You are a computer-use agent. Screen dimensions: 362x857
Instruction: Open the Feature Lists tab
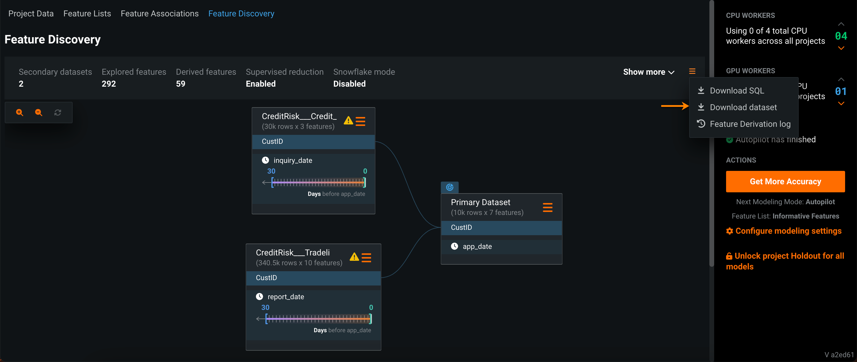87,14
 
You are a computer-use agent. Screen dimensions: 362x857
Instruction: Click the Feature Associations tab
159,14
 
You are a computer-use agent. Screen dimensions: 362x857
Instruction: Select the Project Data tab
31,14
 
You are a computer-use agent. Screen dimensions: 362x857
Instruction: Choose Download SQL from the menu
736,90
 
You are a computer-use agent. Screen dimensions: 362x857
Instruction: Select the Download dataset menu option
743,107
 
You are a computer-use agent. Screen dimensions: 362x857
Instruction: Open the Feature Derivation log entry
750,124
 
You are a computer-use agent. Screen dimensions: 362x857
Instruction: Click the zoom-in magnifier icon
20,113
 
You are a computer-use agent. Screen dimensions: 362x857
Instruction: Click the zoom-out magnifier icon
39,113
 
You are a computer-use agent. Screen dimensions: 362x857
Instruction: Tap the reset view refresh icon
57,113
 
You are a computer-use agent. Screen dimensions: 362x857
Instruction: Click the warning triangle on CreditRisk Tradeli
354,257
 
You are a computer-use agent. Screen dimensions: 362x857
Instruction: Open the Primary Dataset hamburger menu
547,207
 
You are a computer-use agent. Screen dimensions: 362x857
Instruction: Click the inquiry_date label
293,160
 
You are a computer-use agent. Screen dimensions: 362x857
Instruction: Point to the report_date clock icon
259,297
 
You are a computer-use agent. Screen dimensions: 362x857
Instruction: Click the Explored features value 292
109,84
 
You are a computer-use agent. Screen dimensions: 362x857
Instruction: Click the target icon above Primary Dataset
449,187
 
